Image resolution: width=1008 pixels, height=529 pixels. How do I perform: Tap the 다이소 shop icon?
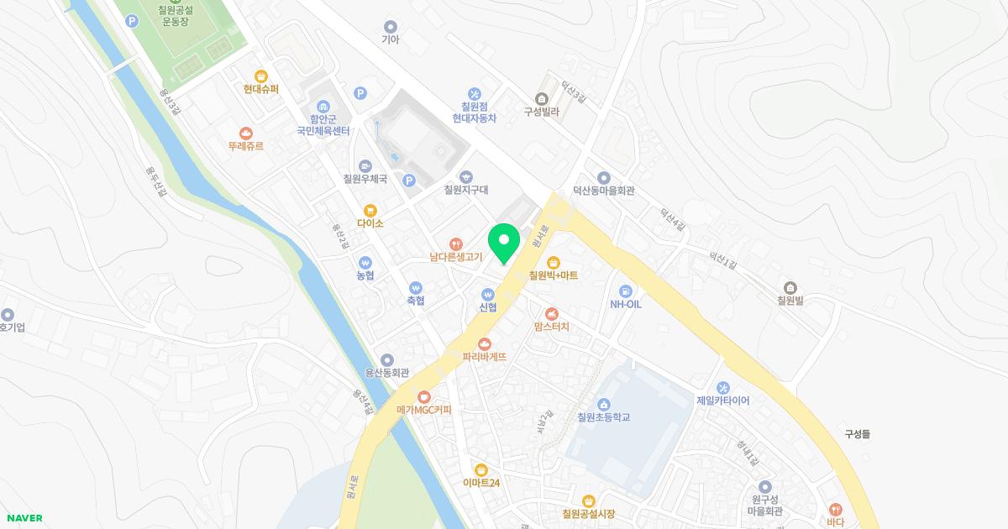[x=370, y=210]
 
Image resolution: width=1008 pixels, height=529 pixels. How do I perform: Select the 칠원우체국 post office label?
[x=365, y=179]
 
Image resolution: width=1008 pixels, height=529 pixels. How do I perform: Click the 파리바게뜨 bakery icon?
[x=485, y=343]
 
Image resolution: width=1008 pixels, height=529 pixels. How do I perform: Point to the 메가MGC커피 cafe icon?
[x=424, y=396]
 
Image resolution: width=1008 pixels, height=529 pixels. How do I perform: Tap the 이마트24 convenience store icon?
[x=480, y=469]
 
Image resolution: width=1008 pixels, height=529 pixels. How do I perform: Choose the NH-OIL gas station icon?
[x=625, y=290]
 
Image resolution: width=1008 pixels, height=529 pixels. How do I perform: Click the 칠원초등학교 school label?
[x=603, y=417]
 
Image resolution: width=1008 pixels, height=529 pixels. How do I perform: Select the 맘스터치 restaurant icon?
[x=551, y=313]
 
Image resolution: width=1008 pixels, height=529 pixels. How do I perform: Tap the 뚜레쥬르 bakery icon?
[x=245, y=133]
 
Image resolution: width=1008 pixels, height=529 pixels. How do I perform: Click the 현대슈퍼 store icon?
[x=261, y=76]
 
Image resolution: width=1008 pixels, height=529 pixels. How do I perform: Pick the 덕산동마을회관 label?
[x=603, y=191]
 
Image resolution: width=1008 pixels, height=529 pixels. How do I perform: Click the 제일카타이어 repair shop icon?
[x=722, y=387]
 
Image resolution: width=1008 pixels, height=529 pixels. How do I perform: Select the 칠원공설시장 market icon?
[x=588, y=500]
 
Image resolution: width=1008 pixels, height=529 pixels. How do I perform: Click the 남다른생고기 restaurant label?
[x=455, y=257]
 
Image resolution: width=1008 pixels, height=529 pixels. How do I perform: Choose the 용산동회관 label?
[x=386, y=373]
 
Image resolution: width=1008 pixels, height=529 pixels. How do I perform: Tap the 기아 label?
[x=390, y=39]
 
